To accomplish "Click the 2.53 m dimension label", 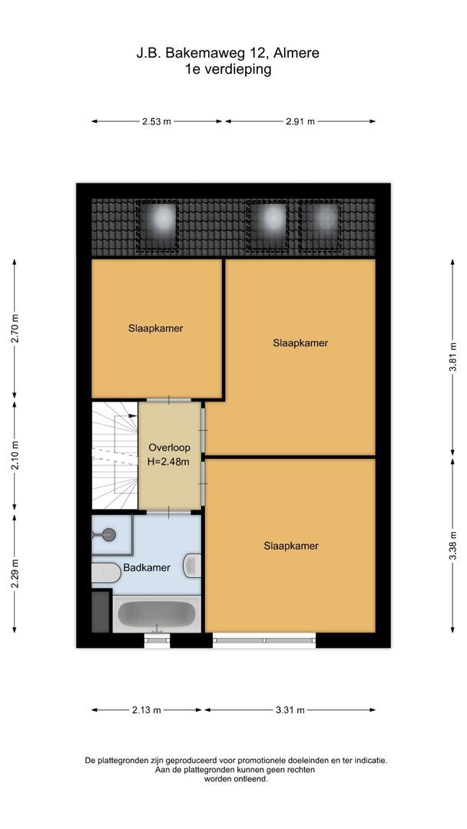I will tap(156, 121).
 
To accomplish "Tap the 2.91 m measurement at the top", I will tap(300, 121).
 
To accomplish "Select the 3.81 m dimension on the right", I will tap(453, 358).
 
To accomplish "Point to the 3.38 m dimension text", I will tap(453, 545).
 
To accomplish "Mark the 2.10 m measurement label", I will tap(15, 455).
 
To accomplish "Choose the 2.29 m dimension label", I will tap(15, 573).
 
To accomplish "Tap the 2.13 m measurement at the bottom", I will tap(146, 710).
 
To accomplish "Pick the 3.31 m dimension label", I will tap(290, 710).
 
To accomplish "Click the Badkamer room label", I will tap(147, 569).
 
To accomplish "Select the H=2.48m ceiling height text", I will tap(168, 461).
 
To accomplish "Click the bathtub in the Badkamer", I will tap(156, 616).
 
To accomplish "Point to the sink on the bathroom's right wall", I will tap(193, 566).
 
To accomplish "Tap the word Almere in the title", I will tap(296, 53).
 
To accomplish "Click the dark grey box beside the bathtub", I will tap(101, 612).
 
